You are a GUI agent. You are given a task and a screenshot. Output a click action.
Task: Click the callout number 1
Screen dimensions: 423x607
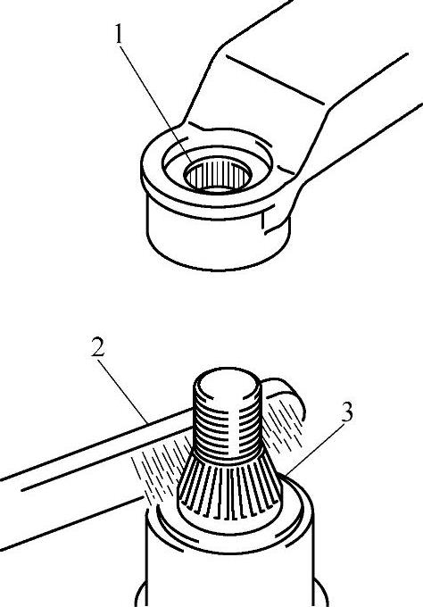click(119, 34)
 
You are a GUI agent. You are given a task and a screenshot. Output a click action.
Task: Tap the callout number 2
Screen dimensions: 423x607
click(98, 347)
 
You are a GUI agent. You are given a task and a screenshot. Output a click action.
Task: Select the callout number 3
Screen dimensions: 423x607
click(347, 412)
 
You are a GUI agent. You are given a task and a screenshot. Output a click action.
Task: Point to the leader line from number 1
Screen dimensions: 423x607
click(155, 104)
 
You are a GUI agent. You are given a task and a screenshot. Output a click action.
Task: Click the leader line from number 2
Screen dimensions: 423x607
click(122, 392)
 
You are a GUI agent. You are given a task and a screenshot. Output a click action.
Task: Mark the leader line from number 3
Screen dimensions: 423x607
click(313, 449)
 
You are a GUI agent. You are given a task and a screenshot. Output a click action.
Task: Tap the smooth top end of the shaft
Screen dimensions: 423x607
click(228, 385)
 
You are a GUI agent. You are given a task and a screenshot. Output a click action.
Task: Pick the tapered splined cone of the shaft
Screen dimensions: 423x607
click(228, 487)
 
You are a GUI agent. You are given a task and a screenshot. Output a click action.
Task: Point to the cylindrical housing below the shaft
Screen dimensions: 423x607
click(228, 557)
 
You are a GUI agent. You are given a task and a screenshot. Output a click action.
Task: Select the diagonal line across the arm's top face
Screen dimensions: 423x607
click(275, 79)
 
